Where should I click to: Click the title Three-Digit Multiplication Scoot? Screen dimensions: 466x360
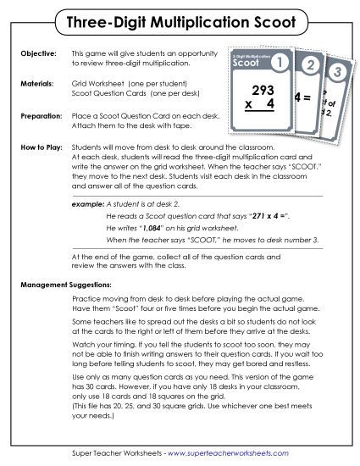click(x=180, y=19)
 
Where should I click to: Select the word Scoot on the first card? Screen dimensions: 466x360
click(x=246, y=64)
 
